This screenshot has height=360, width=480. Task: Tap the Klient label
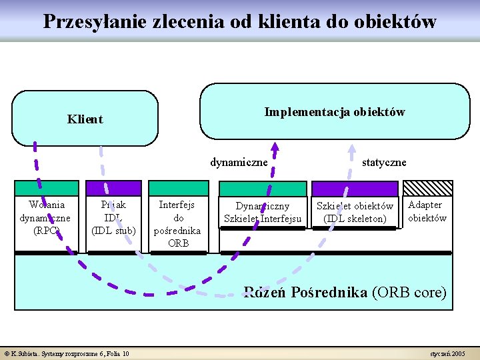click(85, 119)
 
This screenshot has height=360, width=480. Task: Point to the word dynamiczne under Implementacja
click(239, 162)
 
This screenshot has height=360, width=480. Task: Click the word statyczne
click(384, 162)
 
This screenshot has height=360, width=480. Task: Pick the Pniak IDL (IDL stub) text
click(113, 217)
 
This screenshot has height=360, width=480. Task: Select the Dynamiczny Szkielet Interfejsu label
click(263, 213)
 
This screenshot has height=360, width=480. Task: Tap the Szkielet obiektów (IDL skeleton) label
click(355, 212)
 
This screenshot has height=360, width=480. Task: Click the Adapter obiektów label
click(427, 211)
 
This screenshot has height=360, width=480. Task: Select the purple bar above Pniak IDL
click(113, 188)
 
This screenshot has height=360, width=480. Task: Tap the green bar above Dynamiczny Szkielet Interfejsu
click(263, 189)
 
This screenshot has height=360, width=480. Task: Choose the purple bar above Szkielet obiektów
click(354, 189)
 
